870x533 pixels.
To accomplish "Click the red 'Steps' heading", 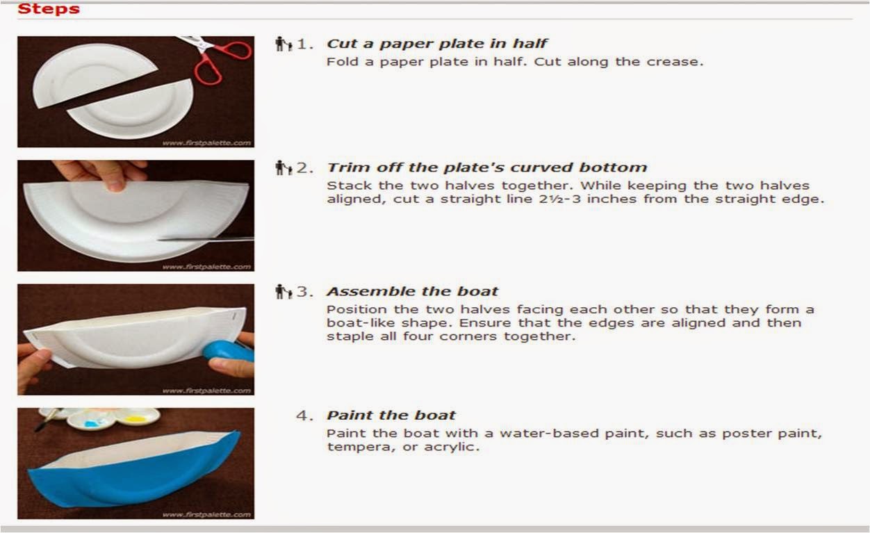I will click(x=49, y=9).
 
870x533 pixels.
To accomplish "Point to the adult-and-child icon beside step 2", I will click(x=283, y=167).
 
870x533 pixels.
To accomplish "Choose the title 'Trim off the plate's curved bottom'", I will click(x=486, y=167).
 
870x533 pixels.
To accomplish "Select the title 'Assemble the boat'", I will click(x=412, y=291).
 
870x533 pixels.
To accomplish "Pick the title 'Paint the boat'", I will click(x=391, y=416).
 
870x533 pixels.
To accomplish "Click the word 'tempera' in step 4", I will click(x=354, y=447).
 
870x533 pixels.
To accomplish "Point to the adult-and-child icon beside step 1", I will click(x=283, y=44).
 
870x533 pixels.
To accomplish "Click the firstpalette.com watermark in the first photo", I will click(x=206, y=142).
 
